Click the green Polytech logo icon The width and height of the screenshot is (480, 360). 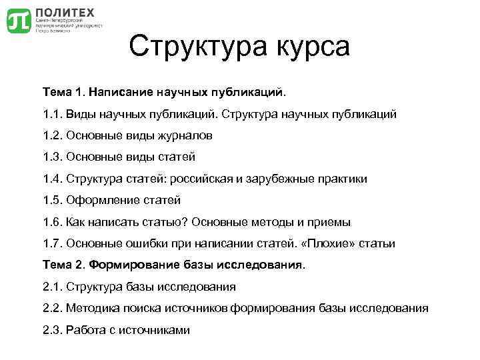point(18,21)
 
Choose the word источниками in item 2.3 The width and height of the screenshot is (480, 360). point(157,329)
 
